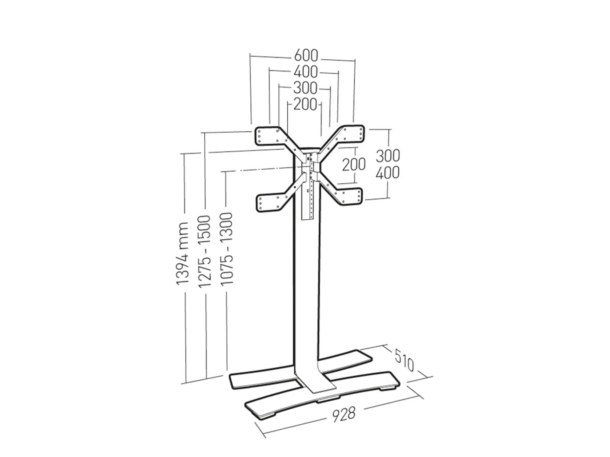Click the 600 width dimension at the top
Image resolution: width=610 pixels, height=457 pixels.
[306, 56]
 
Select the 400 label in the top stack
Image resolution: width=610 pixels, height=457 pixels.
[306, 72]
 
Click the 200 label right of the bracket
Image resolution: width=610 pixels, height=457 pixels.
[353, 165]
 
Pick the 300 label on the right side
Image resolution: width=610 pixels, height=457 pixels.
[388, 156]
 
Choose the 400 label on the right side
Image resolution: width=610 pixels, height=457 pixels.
[387, 173]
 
